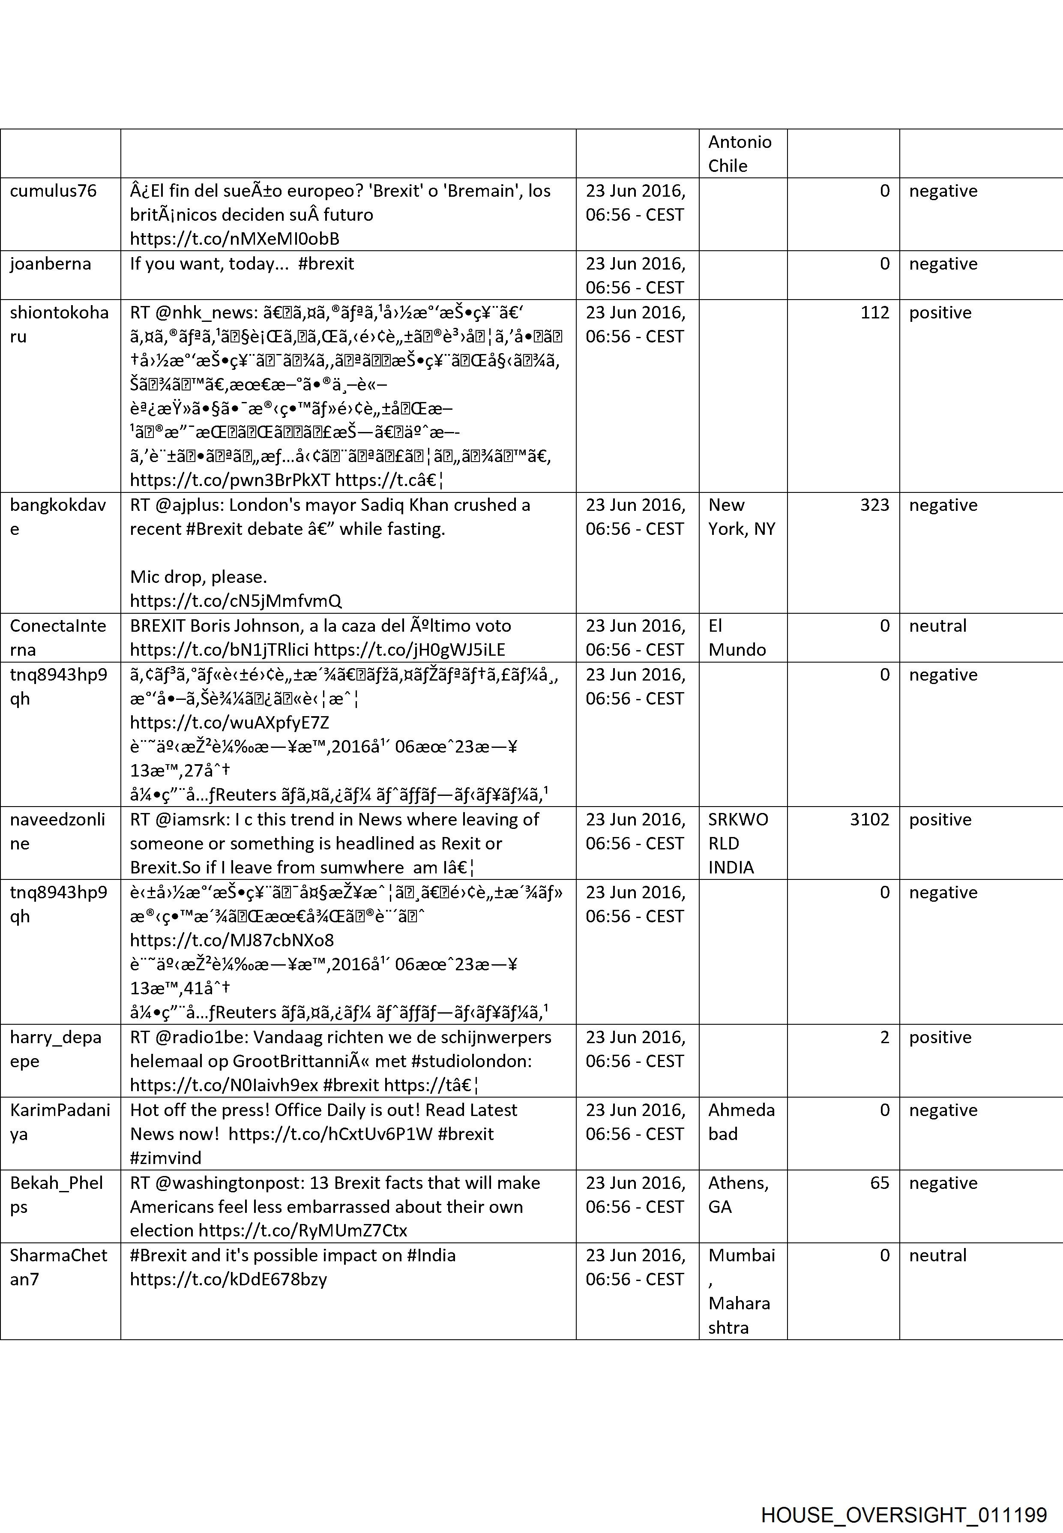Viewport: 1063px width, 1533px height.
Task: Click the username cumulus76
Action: pyautogui.click(x=53, y=191)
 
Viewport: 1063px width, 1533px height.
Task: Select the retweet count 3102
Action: pyautogui.click(x=869, y=819)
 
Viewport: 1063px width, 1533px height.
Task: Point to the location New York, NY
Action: pyautogui.click(x=741, y=517)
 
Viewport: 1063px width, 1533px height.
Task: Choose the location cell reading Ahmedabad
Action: pyautogui.click(x=741, y=1122)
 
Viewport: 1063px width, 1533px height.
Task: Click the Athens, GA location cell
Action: pyautogui.click(x=738, y=1194)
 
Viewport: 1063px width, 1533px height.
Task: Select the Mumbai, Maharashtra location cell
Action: pyautogui.click(x=741, y=1291)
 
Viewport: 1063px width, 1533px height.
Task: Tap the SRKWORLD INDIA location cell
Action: pyautogui.click(x=738, y=843)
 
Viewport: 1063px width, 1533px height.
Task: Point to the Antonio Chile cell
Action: pyautogui.click(x=740, y=154)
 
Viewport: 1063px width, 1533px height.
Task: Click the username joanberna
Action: pyautogui.click(x=51, y=264)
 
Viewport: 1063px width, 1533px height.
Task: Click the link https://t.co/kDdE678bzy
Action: pyautogui.click(x=228, y=1279)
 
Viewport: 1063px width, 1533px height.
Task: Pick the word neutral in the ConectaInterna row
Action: pyautogui.click(x=938, y=626)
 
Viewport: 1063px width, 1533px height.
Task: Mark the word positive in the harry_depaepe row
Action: pyautogui.click(x=940, y=1037)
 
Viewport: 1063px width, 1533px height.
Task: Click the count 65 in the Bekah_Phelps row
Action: pyautogui.click(x=879, y=1182)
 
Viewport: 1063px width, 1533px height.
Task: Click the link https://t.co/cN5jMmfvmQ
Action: pyautogui.click(x=236, y=601)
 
